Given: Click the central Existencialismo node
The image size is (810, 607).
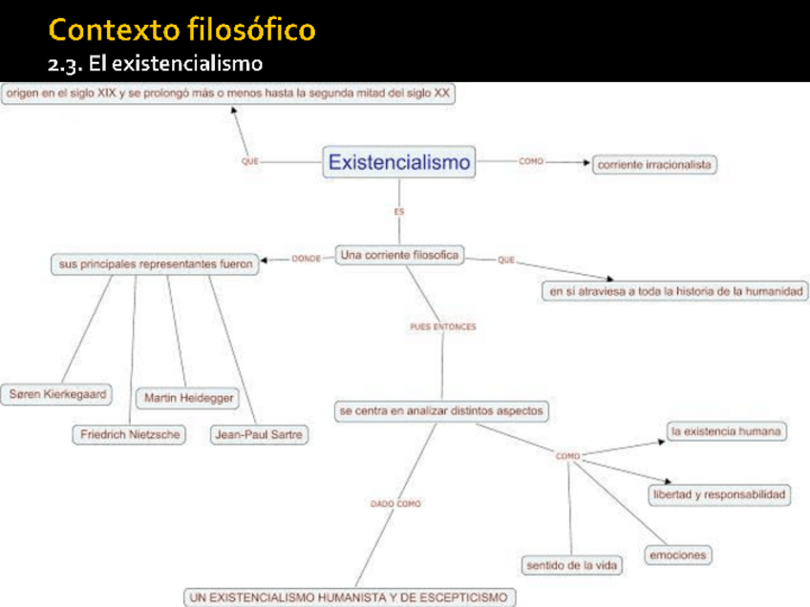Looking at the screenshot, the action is tap(399, 162).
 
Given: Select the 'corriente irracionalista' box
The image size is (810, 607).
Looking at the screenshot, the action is tap(654, 164).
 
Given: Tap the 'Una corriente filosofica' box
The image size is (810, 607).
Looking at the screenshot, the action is tap(399, 255).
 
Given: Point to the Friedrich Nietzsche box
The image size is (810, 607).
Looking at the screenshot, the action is tap(129, 435).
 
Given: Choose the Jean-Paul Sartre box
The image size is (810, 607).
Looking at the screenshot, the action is tap(259, 435).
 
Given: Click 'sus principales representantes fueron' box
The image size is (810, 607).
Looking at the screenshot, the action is tap(155, 264).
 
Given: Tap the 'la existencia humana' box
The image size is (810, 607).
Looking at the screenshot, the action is tap(726, 432).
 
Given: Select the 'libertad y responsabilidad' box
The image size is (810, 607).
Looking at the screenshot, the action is tap(719, 494).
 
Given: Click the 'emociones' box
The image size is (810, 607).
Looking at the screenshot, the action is tap(677, 555).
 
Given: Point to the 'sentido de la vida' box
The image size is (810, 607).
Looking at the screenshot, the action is tap(571, 565).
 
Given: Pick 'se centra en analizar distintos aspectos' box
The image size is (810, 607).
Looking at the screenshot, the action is tap(440, 411).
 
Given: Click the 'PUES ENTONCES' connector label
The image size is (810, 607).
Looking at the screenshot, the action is tap(442, 326).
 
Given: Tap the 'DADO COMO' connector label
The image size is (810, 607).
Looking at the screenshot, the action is tap(395, 503).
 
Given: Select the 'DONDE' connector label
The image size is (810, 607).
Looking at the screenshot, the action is tap(306, 259).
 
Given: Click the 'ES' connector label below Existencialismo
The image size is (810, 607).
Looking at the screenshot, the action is tap(399, 211).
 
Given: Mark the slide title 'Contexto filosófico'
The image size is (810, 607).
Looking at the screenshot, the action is tap(182, 31).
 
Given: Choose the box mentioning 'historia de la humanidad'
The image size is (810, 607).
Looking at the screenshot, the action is tap(675, 292).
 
